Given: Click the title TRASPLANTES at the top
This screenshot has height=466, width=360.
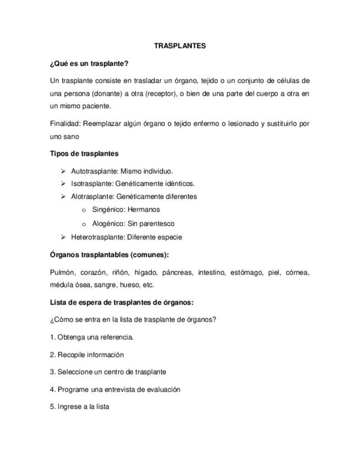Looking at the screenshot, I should (x=180, y=46).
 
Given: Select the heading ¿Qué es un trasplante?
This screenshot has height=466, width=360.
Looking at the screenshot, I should (x=88, y=64).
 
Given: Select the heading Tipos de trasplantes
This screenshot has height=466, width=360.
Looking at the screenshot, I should (x=84, y=154).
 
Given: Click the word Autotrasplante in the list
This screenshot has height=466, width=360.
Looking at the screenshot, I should (x=94, y=171).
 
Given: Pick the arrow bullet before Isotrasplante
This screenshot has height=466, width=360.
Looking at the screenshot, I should (x=64, y=184).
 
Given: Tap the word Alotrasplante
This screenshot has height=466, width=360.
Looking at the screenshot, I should (x=92, y=197).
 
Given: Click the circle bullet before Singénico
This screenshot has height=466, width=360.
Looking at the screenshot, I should (x=84, y=210).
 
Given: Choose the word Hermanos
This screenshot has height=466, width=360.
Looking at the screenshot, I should (x=143, y=210).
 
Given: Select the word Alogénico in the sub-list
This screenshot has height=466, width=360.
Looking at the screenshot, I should (x=108, y=224).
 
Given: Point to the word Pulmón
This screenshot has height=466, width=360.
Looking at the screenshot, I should (x=62, y=273).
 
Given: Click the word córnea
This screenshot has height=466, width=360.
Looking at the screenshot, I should (x=297, y=273).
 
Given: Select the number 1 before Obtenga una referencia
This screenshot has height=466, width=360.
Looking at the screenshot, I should (x=52, y=337).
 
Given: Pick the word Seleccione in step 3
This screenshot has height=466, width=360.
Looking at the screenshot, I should (x=74, y=372).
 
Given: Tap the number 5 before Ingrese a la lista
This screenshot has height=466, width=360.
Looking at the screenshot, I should (x=52, y=407).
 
